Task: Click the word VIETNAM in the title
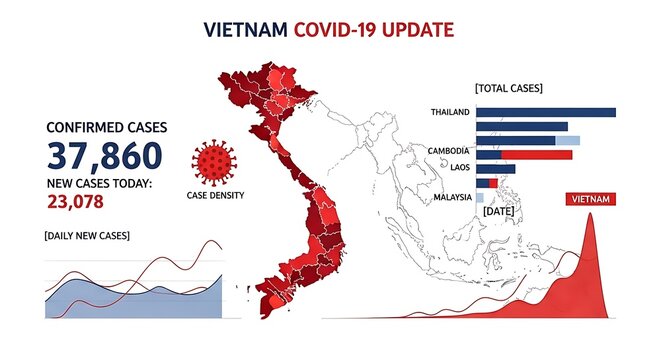(246, 30)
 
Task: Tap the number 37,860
(104, 156)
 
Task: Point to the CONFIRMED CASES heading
(107, 128)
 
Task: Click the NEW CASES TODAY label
(99, 183)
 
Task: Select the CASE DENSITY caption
(215, 195)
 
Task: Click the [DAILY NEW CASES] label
(86, 235)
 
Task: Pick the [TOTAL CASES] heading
(509, 88)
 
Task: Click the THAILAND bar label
(450, 111)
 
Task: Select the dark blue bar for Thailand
(546, 111)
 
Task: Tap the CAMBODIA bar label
(448, 151)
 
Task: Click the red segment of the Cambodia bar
(537, 154)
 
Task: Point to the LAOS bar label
(459, 168)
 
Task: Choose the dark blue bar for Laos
(496, 169)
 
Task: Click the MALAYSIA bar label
(452, 197)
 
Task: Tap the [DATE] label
(497, 212)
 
